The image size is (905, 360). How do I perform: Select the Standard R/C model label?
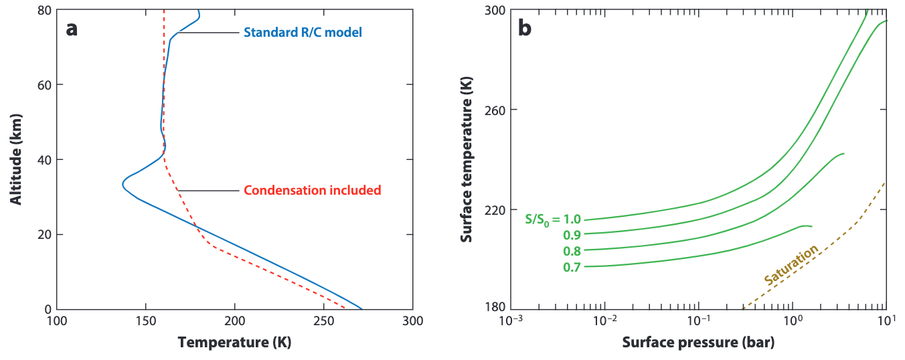[x=303, y=32]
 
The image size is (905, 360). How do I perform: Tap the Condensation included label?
[x=312, y=191]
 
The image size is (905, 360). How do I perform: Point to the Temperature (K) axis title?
[x=234, y=343]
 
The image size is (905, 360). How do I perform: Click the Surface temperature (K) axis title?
[x=467, y=159]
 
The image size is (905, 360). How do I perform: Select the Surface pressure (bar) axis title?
[x=698, y=343]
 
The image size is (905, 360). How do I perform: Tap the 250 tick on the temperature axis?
[x=324, y=321]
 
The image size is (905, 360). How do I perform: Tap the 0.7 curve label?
[x=572, y=268]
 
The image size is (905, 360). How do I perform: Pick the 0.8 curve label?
[x=572, y=252]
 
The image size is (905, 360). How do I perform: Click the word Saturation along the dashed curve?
[x=790, y=266]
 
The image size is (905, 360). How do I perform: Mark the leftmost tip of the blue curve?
[x=122, y=184]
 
